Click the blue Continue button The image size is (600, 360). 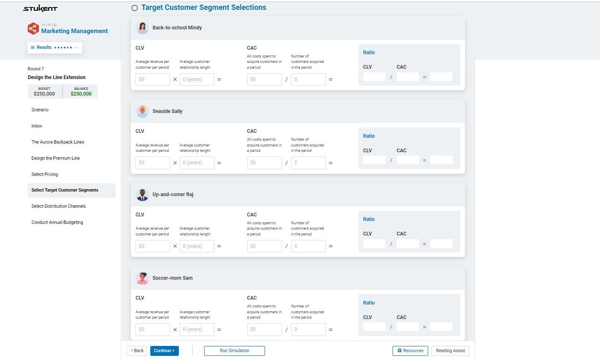click(164, 350)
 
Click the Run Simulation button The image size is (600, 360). click(234, 350)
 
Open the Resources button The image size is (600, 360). click(410, 350)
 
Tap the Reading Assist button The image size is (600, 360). click(450, 350)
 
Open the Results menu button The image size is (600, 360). click(55, 48)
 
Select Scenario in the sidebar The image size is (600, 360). click(40, 110)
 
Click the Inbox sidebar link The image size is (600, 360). click(37, 126)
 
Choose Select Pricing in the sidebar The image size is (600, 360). click(45, 174)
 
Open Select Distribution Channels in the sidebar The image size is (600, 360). click(59, 206)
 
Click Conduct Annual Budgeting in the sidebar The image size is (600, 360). click(57, 222)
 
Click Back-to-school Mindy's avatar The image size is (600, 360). click(142, 28)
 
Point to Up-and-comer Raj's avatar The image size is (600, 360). click(142, 194)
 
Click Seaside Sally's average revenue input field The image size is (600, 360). click(152, 163)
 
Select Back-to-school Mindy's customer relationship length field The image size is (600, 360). click(197, 79)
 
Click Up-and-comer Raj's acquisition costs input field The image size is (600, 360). click(264, 246)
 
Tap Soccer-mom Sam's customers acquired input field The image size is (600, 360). click(308, 329)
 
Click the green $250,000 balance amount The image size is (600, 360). click(81, 94)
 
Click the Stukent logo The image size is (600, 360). click(40, 9)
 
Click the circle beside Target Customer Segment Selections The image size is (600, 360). click(135, 8)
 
